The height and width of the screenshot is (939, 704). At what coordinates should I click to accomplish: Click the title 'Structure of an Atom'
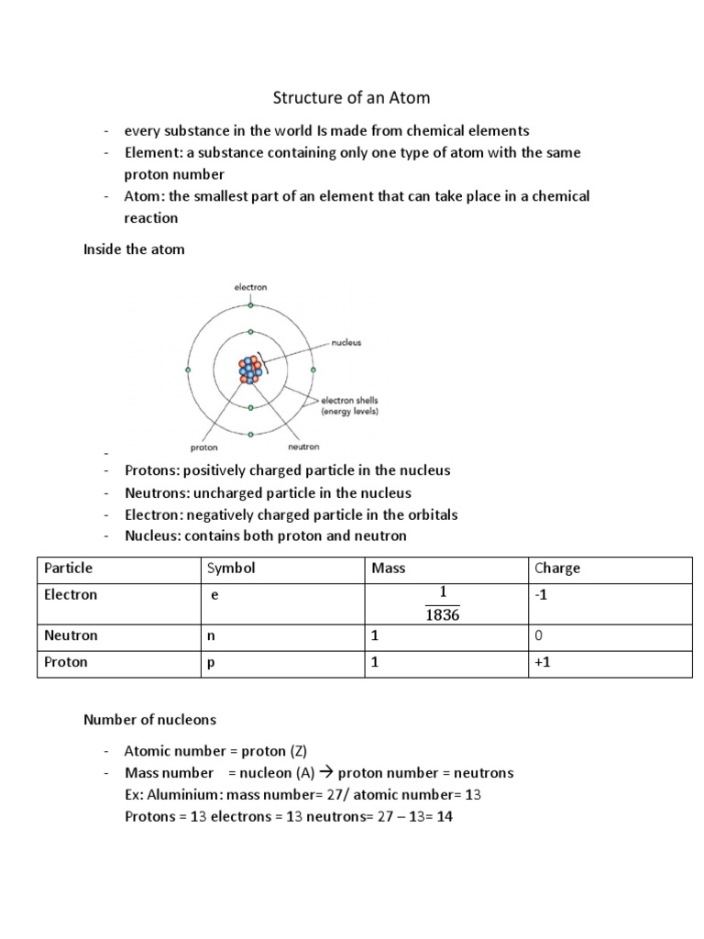point(352,97)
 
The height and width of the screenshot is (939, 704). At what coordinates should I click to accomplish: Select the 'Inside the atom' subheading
point(134,249)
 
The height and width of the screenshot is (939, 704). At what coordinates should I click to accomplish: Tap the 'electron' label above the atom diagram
point(249,287)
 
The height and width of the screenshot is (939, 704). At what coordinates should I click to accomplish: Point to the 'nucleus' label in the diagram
point(346,342)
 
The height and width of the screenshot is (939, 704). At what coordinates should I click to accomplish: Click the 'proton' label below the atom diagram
point(203,447)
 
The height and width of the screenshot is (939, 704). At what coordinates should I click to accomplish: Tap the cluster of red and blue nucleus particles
point(250,369)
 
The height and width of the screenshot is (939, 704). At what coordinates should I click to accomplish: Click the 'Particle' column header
point(69,568)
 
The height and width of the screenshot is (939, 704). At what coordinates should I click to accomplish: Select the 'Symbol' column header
point(232,568)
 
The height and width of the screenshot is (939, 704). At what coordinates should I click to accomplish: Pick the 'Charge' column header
point(557,568)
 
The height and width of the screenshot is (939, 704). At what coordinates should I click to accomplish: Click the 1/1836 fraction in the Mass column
point(442,603)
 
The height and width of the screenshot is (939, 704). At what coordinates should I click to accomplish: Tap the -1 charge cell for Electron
point(543,594)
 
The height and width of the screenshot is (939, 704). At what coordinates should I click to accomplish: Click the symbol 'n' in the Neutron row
point(211,635)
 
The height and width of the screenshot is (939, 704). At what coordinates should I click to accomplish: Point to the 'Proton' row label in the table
point(66,661)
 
